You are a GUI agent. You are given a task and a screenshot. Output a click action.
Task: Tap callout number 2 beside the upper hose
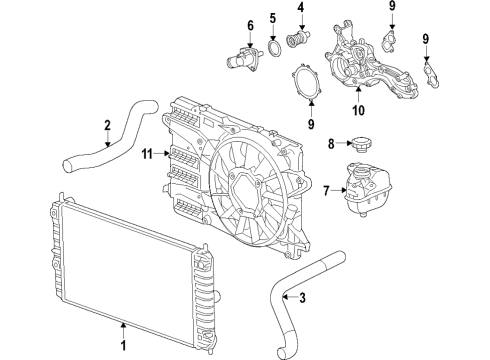click(106, 125)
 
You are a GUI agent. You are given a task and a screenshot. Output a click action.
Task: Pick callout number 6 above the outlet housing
click(251, 24)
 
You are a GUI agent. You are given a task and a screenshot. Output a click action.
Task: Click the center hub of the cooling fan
click(245, 186)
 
